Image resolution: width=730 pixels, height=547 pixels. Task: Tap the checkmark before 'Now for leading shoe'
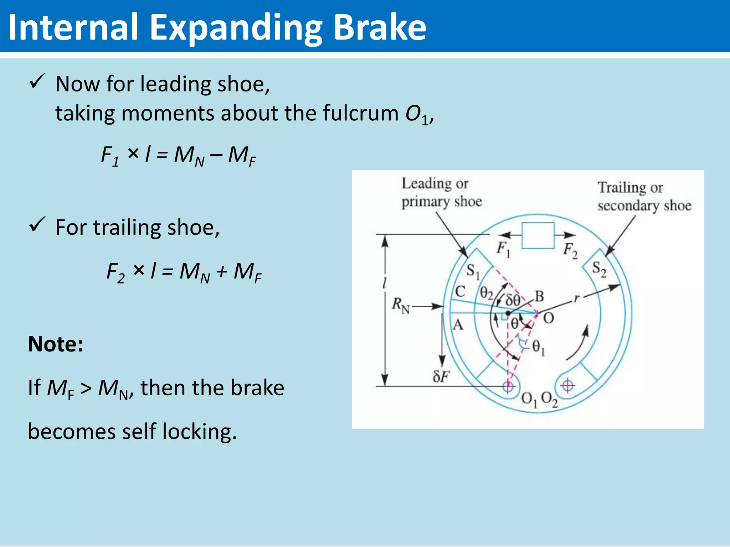37,81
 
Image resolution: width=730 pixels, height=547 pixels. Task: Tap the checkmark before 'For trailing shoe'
37,225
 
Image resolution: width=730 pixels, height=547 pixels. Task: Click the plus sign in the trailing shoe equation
221,271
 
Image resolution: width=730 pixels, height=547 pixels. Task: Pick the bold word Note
56,344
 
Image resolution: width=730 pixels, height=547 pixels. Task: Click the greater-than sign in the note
86,389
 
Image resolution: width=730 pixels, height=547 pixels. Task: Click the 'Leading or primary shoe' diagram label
441,192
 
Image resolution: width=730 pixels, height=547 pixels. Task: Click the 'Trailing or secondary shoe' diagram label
644,197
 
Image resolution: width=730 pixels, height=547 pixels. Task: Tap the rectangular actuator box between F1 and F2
538,235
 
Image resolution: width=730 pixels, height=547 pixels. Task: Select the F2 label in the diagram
570,250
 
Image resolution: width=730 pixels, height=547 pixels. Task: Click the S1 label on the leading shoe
473,271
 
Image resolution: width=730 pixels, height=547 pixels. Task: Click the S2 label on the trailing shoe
599,269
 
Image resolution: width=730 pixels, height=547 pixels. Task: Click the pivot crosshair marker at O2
567,385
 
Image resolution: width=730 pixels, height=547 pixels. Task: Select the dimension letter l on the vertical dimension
384,283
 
